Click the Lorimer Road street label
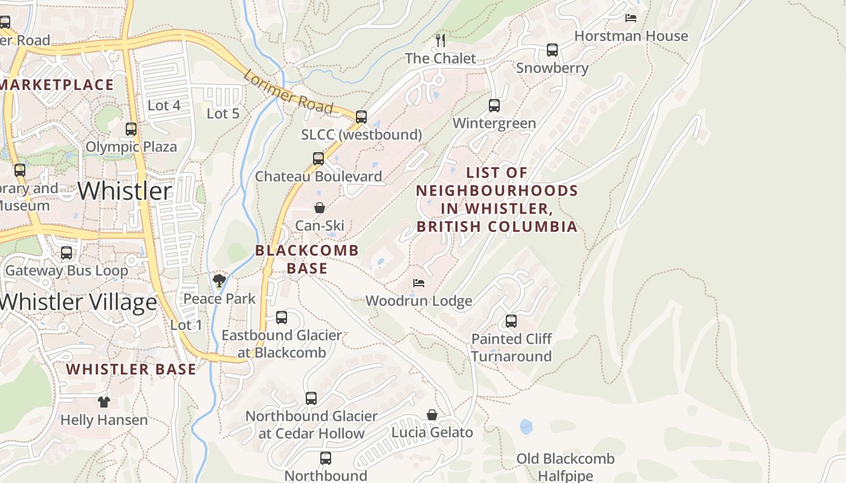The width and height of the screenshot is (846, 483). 288,92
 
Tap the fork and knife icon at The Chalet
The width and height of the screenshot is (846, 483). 441,40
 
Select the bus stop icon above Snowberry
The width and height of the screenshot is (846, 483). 552,50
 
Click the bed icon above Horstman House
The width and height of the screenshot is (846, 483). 631,18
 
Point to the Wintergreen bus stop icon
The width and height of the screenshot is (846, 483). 494,106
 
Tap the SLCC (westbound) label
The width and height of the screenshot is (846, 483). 361,135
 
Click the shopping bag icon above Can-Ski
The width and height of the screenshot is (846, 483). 320,208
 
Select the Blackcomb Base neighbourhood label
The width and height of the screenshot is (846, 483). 307,259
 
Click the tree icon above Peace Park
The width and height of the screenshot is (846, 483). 219,281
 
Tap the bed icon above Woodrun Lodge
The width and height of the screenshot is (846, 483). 419,283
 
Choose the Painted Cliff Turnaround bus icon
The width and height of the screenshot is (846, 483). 511,321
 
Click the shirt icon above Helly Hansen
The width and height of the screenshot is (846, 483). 104,401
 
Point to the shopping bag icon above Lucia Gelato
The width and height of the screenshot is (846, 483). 432,415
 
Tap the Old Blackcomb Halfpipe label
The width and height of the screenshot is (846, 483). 565,467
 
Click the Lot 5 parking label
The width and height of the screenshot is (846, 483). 223,114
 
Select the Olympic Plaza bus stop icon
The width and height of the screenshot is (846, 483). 131,129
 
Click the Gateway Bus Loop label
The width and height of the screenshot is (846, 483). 66,270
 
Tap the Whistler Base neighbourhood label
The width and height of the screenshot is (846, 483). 131,369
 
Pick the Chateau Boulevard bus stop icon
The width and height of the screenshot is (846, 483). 318,159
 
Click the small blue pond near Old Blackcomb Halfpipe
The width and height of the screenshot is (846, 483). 526,427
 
